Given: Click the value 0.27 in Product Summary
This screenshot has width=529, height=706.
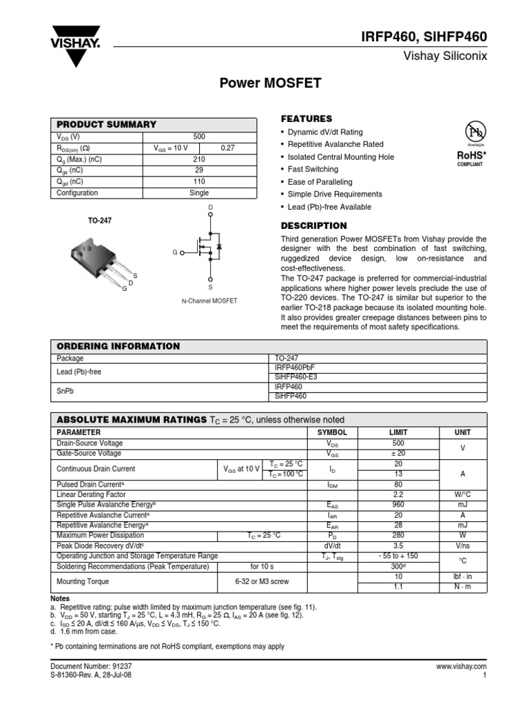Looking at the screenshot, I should click(x=227, y=148).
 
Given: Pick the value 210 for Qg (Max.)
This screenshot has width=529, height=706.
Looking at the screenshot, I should click(x=199, y=159).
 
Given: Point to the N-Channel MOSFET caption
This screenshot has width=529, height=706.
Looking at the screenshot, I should click(x=209, y=301).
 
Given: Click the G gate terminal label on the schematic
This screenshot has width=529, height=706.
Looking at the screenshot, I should click(x=175, y=253).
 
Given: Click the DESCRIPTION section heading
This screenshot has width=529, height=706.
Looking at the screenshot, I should click(x=313, y=225).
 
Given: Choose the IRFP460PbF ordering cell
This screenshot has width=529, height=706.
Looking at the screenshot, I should click(x=294, y=368).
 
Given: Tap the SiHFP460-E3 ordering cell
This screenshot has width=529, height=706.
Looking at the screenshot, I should click(x=296, y=377).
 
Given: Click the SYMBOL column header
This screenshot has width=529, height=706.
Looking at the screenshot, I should click(x=332, y=432).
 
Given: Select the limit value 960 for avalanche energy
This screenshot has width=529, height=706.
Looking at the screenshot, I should click(x=398, y=505).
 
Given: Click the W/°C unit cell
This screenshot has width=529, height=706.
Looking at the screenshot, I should click(x=463, y=494).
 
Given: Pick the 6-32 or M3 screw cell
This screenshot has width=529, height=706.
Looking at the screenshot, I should click(x=262, y=581).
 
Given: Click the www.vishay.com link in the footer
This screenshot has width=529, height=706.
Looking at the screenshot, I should click(x=461, y=667).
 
